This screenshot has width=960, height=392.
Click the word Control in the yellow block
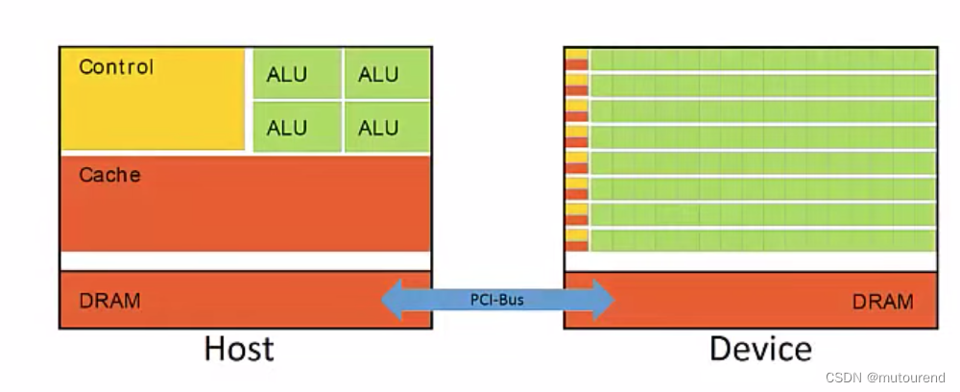(115, 67)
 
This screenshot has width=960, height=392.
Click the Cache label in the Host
(109, 175)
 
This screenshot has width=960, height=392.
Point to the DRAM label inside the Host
(109, 301)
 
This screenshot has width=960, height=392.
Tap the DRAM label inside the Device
(882, 302)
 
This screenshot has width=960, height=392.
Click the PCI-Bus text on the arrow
(497, 300)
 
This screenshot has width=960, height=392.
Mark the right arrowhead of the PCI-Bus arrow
(603, 300)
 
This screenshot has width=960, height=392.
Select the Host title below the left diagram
(238, 349)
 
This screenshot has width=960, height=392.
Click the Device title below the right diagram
(760, 349)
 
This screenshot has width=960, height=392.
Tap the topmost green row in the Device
(761, 60)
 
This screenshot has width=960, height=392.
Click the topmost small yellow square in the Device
(576, 53)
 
